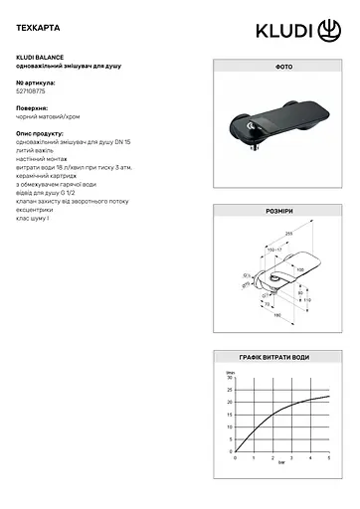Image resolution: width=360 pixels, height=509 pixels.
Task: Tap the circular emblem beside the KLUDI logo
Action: (x=329, y=33)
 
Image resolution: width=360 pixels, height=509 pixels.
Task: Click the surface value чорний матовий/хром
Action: (x=51, y=116)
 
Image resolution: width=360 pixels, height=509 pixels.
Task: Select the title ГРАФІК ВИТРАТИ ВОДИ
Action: (x=275, y=356)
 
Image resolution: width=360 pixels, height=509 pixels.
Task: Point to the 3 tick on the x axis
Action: (x=291, y=457)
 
